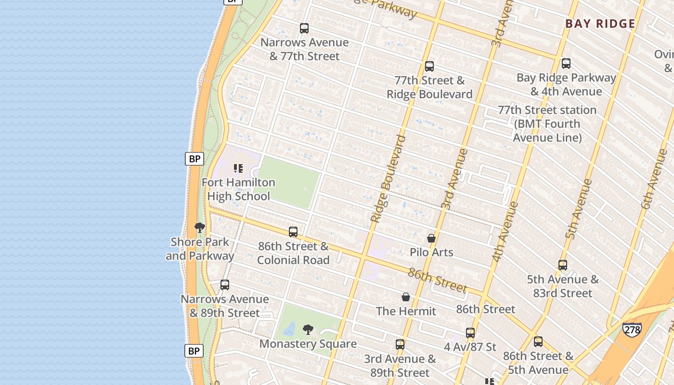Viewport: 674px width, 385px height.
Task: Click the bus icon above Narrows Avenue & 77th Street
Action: coord(304,28)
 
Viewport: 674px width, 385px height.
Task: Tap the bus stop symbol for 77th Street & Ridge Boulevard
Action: coord(429,66)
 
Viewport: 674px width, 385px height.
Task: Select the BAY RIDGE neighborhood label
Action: coord(600,24)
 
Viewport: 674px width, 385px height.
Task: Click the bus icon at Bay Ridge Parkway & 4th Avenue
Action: coord(566,64)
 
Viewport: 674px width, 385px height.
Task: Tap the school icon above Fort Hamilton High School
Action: coord(238,168)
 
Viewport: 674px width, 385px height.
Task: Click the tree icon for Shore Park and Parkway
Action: coord(200,228)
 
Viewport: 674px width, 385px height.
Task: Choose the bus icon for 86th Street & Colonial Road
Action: coord(293,232)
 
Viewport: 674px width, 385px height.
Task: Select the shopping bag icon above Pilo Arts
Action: coord(431,238)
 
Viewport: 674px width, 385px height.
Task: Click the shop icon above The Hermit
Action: coord(406,297)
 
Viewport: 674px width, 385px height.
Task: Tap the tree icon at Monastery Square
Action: coord(308,330)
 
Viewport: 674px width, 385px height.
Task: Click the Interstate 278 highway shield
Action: coord(632,330)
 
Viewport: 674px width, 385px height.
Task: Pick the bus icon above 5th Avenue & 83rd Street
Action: coord(562,265)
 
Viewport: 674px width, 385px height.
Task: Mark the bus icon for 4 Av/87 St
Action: coord(470,333)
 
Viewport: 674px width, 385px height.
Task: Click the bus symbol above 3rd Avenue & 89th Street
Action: coord(400,345)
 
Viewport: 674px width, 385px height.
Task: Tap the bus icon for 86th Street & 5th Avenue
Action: coord(538,342)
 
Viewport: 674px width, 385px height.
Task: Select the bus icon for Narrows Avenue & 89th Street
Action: coord(224,285)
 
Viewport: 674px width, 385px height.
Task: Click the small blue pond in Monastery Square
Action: coord(289,329)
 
